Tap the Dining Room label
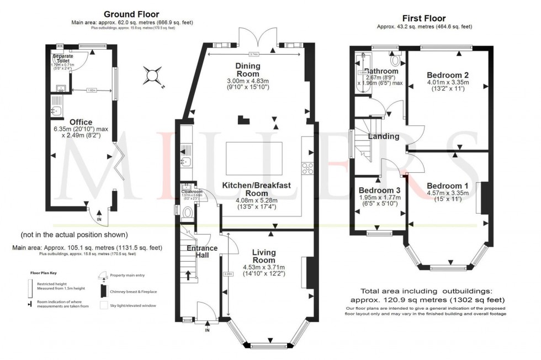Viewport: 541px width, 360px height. tap(248, 70)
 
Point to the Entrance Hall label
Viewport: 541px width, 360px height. tap(201, 252)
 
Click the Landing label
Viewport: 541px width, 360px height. tap(384, 136)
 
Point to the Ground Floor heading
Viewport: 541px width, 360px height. tap(131, 14)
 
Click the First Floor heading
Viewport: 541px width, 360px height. tap(424, 18)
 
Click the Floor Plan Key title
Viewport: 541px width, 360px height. tap(44, 273)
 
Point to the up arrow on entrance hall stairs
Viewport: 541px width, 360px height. tap(188, 274)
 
